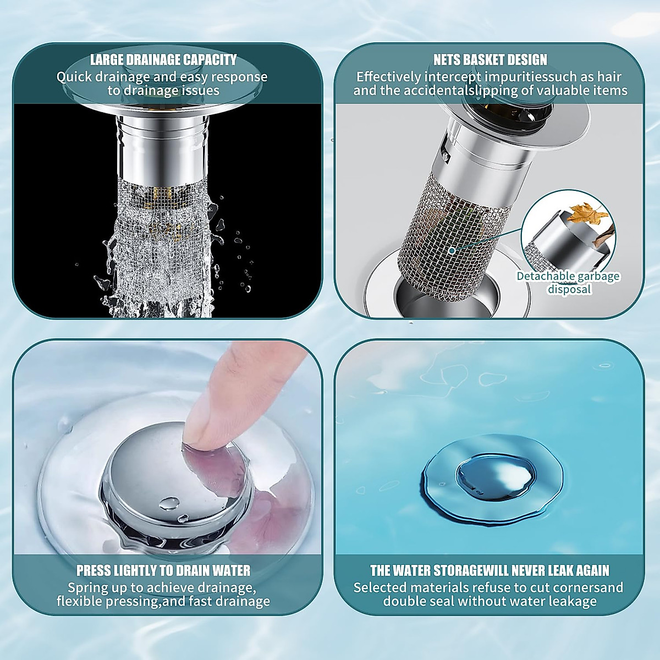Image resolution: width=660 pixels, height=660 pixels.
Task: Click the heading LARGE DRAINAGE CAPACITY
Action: coord(163,59)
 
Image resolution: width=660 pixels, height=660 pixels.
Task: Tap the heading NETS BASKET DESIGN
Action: coord(490,59)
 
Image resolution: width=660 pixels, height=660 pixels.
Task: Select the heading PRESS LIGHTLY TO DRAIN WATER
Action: coord(163,570)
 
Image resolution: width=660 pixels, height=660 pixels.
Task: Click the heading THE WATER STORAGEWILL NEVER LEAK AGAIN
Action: coord(490,570)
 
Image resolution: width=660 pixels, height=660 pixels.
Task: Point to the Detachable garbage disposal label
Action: coord(568,283)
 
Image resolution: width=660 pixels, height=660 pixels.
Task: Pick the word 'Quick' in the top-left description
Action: coord(74,76)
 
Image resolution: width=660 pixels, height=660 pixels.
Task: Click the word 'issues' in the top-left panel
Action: coord(201,91)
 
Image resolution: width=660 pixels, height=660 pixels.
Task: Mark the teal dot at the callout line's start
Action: coord(452,250)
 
